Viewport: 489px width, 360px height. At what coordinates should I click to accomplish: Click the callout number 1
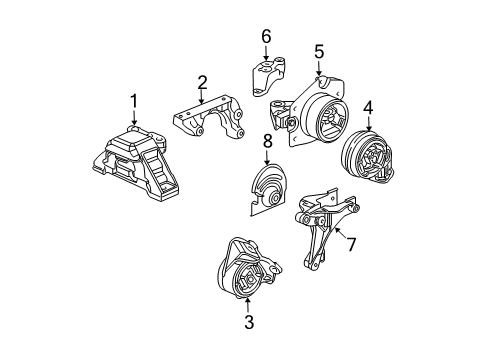click(x=133, y=99)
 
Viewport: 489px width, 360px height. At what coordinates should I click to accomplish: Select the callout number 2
click(x=202, y=83)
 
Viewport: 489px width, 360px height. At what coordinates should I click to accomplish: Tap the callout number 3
click(x=249, y=322)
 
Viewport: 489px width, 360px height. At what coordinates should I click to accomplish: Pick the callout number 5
click(x=318, y=51)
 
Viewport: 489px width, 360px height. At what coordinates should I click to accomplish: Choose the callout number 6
click(x=266, y=37)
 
